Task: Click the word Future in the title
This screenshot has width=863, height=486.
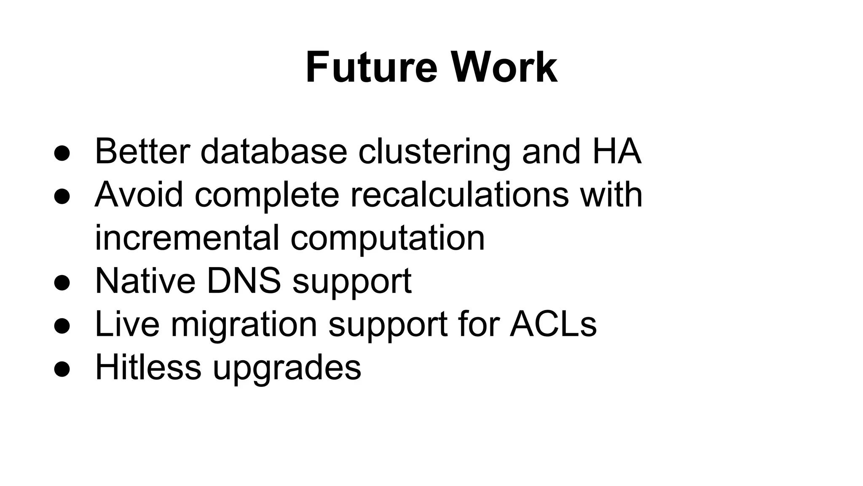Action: pyautogui.click(x=371, y=67)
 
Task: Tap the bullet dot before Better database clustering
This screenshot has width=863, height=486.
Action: pyautogui.click(x=62, y=154)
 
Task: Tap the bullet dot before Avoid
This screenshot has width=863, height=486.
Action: pyautogui.click(x=62, y=197)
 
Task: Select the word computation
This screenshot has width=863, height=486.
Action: pyautogui.click(x=388, y=239)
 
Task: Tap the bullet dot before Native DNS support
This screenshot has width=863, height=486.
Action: pyautogui.click(x=62, y=283)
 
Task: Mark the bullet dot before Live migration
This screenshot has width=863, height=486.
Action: pyautogui.click(x=62, y=326)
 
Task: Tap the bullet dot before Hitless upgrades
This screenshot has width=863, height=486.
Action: pyautogui.click(x=62, y=369)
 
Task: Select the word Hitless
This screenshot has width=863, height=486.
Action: pyautogui.click(x=148, y=367)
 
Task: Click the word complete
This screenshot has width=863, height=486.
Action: pyautogui.click(x=267, y=196)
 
